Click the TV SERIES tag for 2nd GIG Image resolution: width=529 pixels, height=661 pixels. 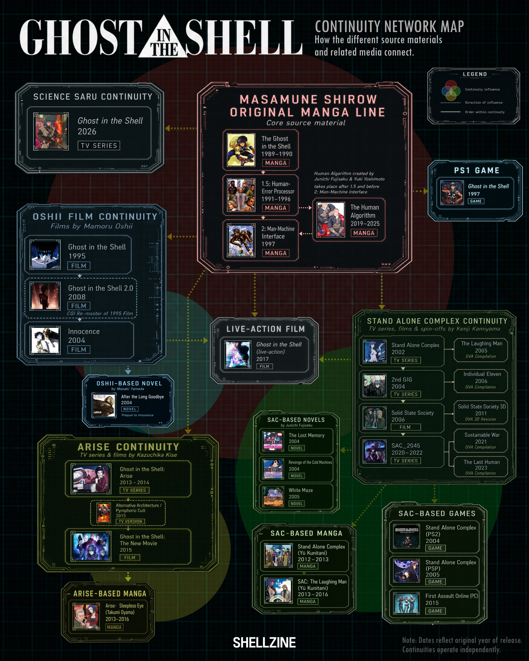(x=405, y=394)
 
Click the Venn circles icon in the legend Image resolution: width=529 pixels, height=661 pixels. (x=451, y=90)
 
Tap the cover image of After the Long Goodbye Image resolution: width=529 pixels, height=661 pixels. (x=104, y=405)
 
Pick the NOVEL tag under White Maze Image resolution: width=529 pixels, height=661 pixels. (x=297, y=504)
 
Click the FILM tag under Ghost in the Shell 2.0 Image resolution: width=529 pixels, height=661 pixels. (x=79, y=306)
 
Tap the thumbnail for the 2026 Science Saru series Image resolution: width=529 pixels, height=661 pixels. (x=51, y=131)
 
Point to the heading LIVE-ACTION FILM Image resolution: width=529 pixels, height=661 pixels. (x=266, y=329)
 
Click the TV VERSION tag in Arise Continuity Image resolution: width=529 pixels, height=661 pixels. (x=130, y=521)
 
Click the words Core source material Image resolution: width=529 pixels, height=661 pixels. (x=306, y=123)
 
